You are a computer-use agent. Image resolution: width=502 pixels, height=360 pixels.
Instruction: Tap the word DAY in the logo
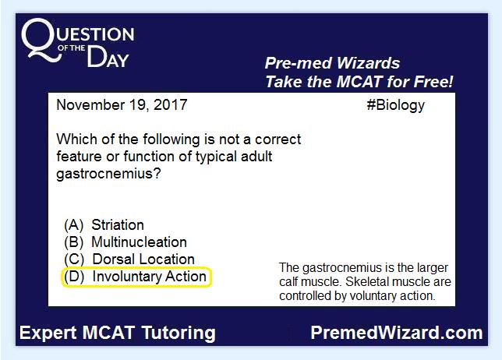click(x=108, y=58)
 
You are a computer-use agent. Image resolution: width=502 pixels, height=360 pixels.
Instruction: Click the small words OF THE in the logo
click(x=71, y=48)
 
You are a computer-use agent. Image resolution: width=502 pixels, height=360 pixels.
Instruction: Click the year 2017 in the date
click(x=170, y=105)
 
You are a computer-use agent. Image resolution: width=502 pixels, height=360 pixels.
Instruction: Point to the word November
click(x=90, y=105)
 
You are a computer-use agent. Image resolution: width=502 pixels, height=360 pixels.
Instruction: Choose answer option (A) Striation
click(x=104, y=225)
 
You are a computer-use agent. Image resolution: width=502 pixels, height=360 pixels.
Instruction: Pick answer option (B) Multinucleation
click(x=125, y=242)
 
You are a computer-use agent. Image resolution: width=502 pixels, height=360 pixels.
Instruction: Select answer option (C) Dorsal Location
click(x=129, y=259)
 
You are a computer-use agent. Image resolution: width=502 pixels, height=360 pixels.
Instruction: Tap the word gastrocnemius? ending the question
click(x=108, y=175)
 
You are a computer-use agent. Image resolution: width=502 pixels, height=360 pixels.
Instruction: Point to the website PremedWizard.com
click(x=397, y=333)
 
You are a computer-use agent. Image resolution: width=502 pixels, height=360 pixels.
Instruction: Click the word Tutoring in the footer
click(x=179, y=334)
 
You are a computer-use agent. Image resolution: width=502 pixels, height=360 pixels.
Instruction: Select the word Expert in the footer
click(x=48, y=334)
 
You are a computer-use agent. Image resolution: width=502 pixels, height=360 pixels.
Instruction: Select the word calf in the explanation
click(x=288, y=282)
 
